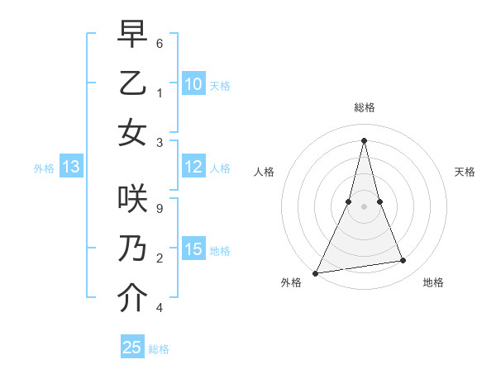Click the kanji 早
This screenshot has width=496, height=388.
point(132,35)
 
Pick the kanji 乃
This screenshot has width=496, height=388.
point(132,248)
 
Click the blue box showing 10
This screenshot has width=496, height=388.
point(193,83)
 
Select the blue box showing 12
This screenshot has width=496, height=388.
point(193,167)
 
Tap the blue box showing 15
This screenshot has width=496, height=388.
point(193,249)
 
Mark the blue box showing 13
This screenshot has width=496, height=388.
point(70,168)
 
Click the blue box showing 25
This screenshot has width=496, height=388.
point(132,348)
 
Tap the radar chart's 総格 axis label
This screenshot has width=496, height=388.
point(364,107)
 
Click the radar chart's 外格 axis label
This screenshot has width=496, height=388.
point(291,282)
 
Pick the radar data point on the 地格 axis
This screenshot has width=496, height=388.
point(403,261)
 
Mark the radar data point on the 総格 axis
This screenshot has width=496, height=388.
point(364,140)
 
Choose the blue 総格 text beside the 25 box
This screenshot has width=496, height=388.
point(159,349)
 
